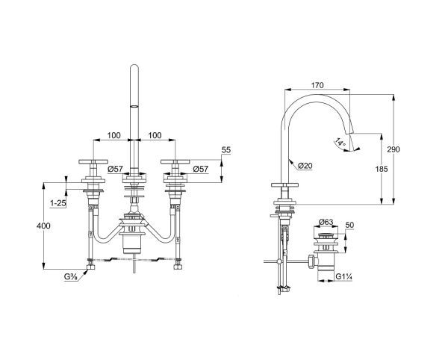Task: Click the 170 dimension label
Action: (x=317, y=85)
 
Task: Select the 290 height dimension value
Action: (x=393, y=149)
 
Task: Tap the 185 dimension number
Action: (x=382, y=169)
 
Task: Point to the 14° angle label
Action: (x=340, y=143)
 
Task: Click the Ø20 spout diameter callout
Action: (x=305, y=165)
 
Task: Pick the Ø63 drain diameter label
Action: (x=326, y=222)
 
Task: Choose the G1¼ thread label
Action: (x=343, y=276)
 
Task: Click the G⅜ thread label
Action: (x=71, y=276)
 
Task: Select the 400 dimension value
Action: (x=43, y=226)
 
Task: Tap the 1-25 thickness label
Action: (x=58, y=203)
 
